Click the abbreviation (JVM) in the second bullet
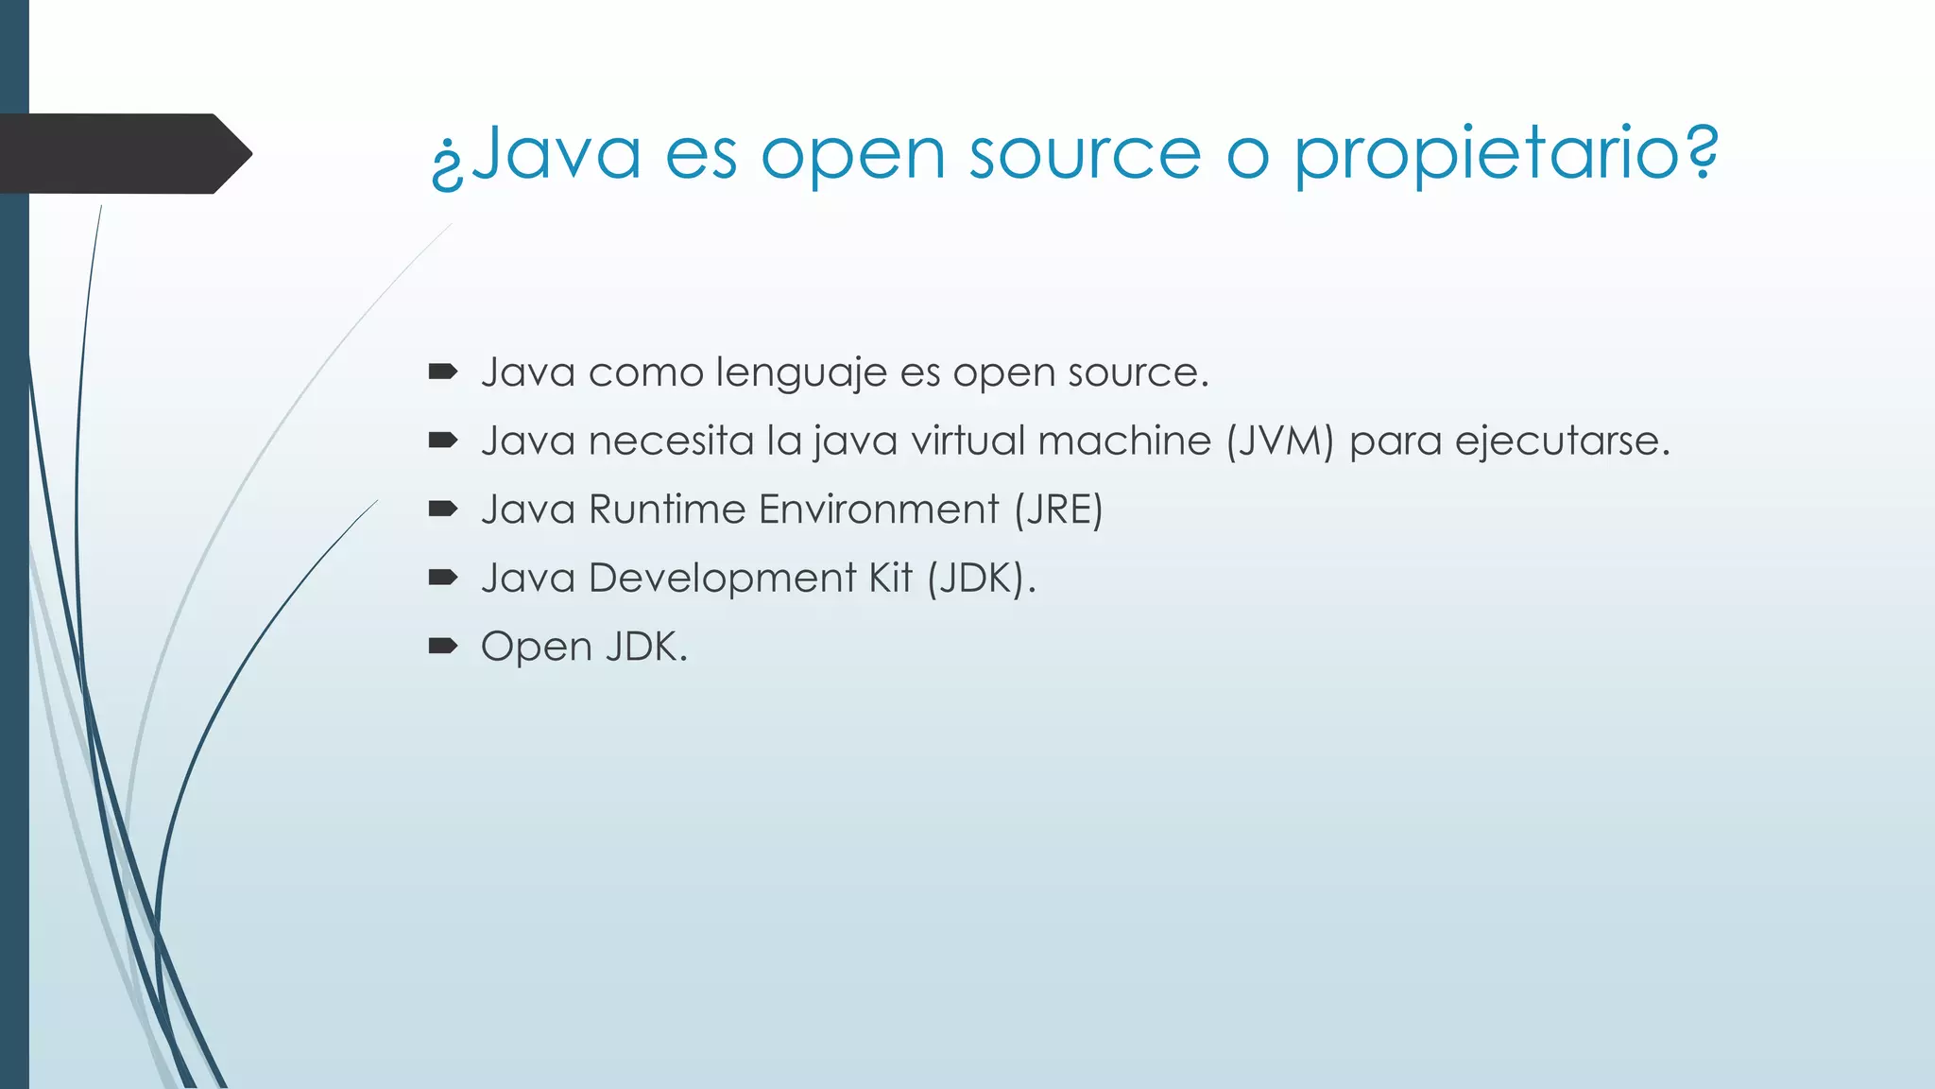(x=1279, y=441)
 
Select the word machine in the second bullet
(x=1124, y=441)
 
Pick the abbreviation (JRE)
(x=1058, y=510)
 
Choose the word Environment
(x=879, y=510)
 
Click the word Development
(x=722, y=579)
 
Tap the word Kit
(x=891, y=579)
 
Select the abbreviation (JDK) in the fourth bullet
(x=977, y=579)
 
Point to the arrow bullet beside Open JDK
(x=442, y=647)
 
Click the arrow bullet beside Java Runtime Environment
(x=442, y=510)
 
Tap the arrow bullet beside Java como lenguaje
(x=442, y=372)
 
